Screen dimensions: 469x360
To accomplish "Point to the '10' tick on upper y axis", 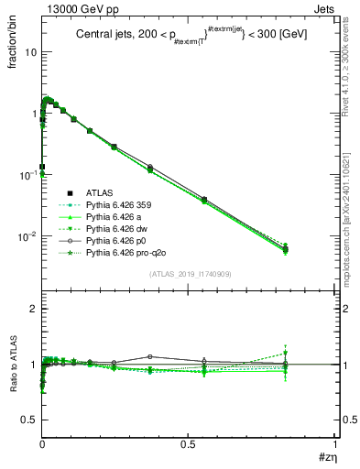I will coord(29,51).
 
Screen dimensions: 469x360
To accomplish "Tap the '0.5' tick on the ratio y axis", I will coord(29,420).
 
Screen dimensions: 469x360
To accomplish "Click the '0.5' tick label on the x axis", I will coord(189,443).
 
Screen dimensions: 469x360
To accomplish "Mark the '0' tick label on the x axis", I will coord(42,443).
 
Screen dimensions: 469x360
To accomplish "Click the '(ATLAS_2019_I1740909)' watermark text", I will coord(189,274).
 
